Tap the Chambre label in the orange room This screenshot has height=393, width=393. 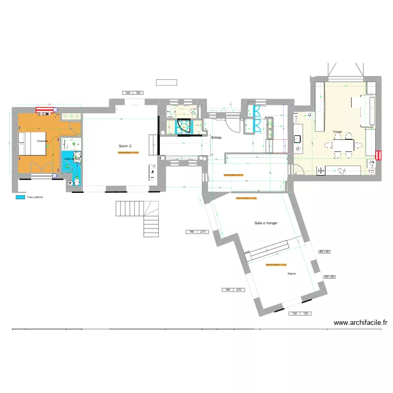(x=42, y=141)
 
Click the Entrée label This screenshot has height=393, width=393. (x=216, y=138)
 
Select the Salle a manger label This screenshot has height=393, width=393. (x=266, y=223)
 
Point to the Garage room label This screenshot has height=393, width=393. (x=337, y=131)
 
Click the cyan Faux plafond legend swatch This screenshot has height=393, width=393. (x=20, y=198)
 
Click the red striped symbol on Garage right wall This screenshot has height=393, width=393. (x=378, y=155)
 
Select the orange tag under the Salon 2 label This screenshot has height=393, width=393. (x=128, y=153)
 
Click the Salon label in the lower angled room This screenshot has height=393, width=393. (x=291, y=274)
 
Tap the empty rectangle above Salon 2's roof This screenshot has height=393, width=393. (x=167, y=82)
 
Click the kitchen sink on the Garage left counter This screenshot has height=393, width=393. (x=297, y=139)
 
